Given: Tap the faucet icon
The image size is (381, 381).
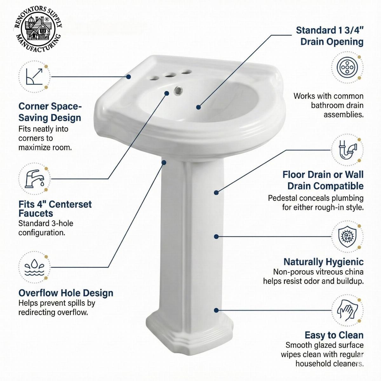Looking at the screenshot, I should pyautogui.click(x=34, y=179).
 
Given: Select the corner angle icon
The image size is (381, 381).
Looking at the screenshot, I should pyautogui.click(x=34, y=77).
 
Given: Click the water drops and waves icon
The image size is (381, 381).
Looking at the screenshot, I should pyautogui.click(x=34, y=267).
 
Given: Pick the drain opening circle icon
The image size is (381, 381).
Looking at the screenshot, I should pyautogui.click(x=347, y=67).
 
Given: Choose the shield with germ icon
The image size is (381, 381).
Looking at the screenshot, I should pyautogui.click(x=347, y=237).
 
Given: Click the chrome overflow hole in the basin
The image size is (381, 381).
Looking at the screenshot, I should pyautogui.click(x=178, y=91).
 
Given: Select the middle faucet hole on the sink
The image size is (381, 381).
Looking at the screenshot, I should pyautogui.click(x=170, y=75).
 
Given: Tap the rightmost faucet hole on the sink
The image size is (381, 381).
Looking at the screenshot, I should pyautogui.click(x=186, y=72).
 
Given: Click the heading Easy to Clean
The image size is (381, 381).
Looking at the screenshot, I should pyautogui.click(x=334, y=335).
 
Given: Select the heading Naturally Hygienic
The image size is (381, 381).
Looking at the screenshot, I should pyautogui.click(x=323, y=262).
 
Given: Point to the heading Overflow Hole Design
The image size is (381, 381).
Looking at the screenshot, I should pyautogui.click(x=66, y=293).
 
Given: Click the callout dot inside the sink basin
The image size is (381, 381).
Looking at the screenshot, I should pyautogui.click(x=198, y=107).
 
